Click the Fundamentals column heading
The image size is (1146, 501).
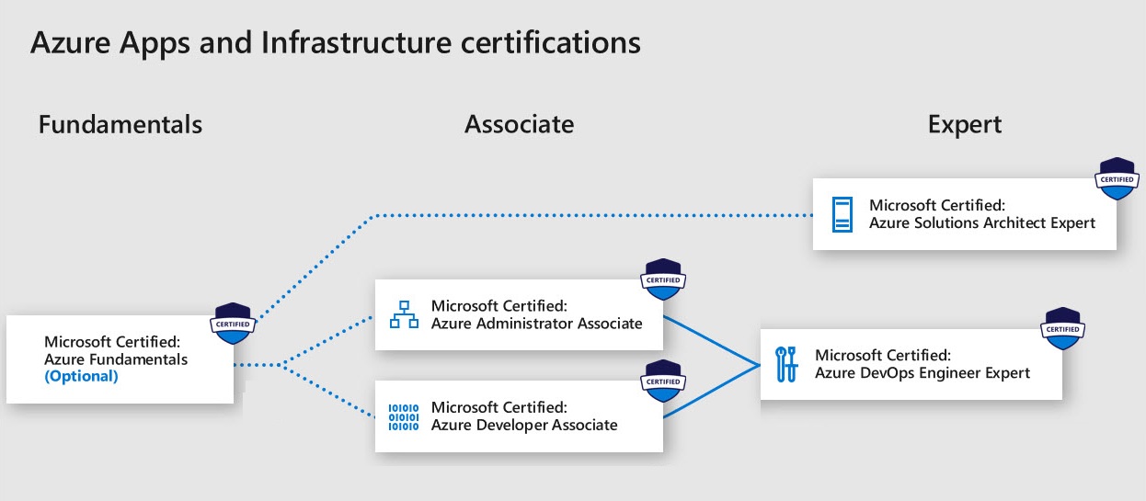pyautogui.click(x=120, y=124)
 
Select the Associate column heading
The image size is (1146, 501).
pyautogui.click(x=519, y=124)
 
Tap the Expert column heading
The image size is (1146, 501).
pyautogui.click(x=965, y=124)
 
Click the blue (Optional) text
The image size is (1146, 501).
pyautogui.click(x=81, y=376)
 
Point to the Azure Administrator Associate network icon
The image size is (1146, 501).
pyautogui.click(x=404, y=314)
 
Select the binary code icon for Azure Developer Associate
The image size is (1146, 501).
pyautogui.click(x=403, y=416)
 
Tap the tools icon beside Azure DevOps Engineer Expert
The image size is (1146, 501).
pyautogui.click(x=788, y=364)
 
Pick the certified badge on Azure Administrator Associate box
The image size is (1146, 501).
pyautogui.click(x=663, y=279)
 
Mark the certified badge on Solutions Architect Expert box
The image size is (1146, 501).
pyautogui.click(x=1117, y=178)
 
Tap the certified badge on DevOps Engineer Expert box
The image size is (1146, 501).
pyautogui.click(x=1062, y=328)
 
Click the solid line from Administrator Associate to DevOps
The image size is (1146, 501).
pyautogui.click(x=711, y=340)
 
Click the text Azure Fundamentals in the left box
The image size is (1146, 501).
pyautogui.click(x=116, y=359)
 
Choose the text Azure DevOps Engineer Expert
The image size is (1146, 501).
pyautogui.click(x=923, y=372)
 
